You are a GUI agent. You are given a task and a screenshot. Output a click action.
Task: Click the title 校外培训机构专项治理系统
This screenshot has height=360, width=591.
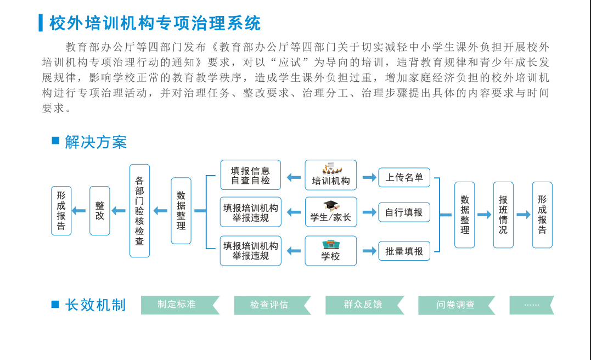point(155,23)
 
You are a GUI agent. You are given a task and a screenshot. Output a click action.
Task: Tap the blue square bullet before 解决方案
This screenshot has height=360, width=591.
point(55,141)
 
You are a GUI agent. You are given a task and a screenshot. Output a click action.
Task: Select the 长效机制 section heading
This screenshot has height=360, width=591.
point(95,305)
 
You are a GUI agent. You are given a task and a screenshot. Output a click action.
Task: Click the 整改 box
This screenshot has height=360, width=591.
point(100,211)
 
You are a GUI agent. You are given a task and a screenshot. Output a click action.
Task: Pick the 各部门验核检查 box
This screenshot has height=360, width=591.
point(139,211)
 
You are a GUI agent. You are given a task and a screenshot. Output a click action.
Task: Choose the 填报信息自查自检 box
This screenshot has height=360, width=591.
point(250,175)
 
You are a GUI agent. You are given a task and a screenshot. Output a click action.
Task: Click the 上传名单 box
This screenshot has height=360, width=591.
point(404,177)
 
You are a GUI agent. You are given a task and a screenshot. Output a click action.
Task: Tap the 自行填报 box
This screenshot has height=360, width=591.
point(404,212)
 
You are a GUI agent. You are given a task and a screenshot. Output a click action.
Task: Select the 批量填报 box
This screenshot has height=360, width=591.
point(404,251)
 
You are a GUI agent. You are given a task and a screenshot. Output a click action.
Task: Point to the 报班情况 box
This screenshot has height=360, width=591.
point(503,215)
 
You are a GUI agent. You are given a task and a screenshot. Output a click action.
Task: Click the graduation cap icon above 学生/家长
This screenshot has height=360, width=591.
point(330,206)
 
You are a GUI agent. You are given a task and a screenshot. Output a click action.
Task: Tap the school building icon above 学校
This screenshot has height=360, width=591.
point(330,245)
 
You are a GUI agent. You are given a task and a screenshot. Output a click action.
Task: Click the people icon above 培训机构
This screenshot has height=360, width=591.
point(331,167)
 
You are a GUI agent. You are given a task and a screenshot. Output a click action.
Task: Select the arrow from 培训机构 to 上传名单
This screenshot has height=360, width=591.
point(368,177)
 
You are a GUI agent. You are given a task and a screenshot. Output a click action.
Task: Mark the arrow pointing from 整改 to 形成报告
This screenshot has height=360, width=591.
point(80,211)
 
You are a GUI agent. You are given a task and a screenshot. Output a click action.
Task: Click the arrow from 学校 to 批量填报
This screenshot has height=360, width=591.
point(368,251)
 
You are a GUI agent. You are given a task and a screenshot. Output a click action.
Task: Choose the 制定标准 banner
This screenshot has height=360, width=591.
point(179,305)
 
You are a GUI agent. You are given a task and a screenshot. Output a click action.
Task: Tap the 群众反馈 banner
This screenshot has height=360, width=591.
point(364,305)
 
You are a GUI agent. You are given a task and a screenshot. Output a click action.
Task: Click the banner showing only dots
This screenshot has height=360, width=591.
point(531,305)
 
